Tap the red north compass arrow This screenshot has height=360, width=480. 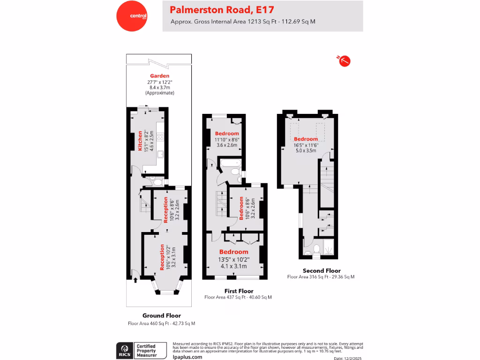(345, 60)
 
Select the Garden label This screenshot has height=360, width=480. (159, 75)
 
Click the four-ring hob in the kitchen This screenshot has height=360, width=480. (160, 137)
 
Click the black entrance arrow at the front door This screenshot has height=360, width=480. (135, 280)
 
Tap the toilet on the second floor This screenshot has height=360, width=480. (316, 248)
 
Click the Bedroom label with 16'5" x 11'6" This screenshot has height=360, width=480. (306, 139)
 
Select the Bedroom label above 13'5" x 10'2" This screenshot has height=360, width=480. (233, 252)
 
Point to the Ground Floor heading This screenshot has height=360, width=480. (161, 315)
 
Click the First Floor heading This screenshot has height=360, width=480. (238, 291)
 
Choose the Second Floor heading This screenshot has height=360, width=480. (321, 270)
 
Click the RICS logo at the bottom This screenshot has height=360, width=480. (125, 350)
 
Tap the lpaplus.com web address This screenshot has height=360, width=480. (187, 357)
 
